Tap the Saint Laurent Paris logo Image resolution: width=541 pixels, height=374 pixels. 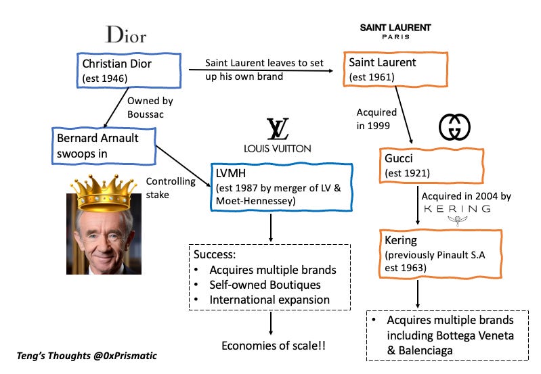click(x=395, y=31)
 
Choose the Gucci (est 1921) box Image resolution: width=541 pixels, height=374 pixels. click(x=431, y=164)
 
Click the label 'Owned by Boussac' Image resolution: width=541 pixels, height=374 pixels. click(x=150, y=106)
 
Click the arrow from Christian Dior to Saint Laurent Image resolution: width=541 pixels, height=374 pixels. click(x=264, y=69)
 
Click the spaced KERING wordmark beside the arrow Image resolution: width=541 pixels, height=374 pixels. click(x=457, y=209)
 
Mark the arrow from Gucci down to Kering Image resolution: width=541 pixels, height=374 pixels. click(x=415, y=206)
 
